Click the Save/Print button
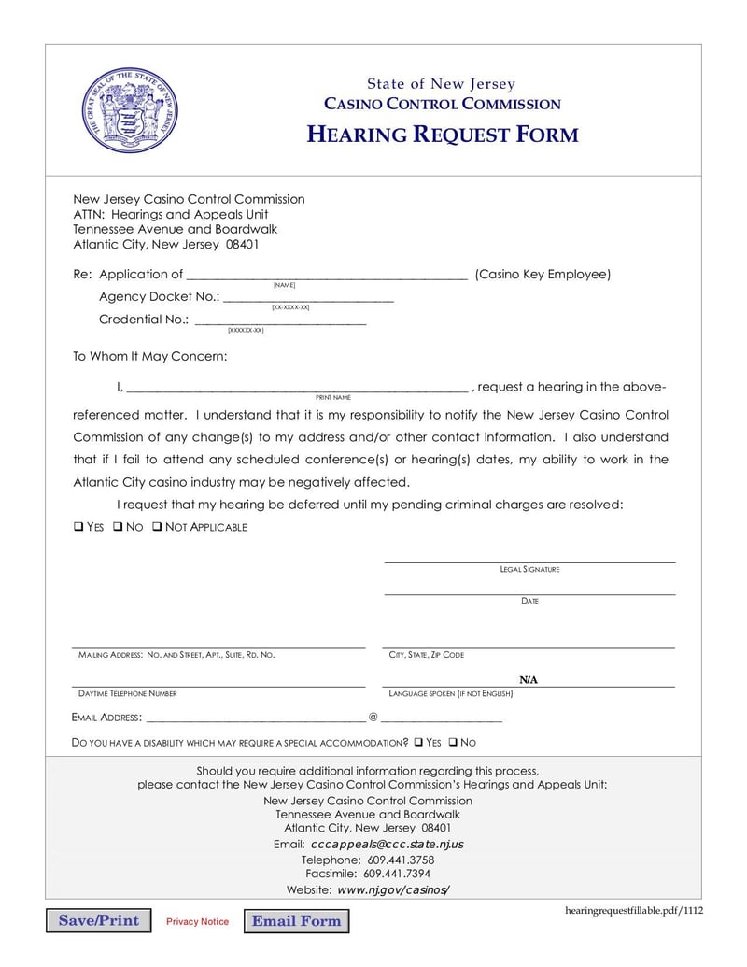[x=98, y=920]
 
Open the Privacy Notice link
[x=197, y=922]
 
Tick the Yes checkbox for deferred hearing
[x=78, y=527]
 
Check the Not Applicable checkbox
[x=157, y=527]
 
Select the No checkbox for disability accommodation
[x=453, y=743]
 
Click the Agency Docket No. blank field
[x=308, y=296]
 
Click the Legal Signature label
[x=529, y=569]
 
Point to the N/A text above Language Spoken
[x=529, y=679]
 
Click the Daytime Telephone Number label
[x=125, y=694]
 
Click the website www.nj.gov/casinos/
[x=393, y=889]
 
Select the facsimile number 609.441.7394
[x=397, y=875]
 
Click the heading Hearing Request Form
[x=443, y=135]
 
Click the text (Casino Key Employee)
[x=543, y=275]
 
